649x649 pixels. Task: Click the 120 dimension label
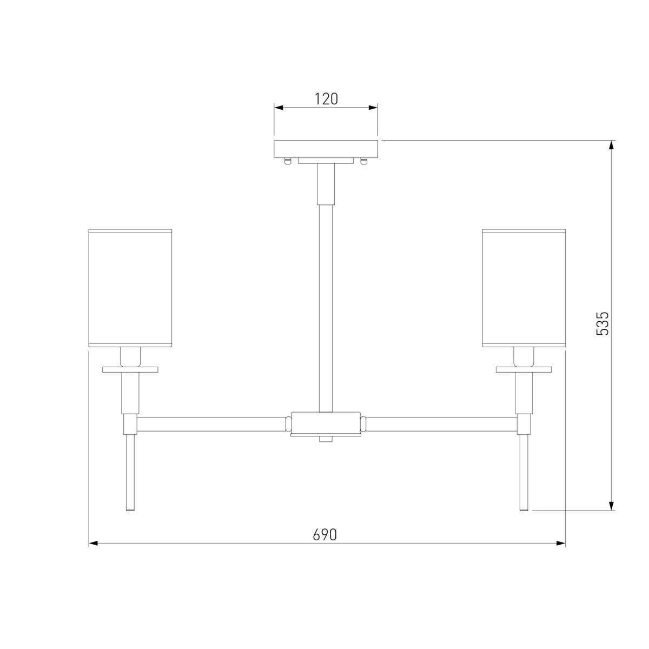coord(326,99)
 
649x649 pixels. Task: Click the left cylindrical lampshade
coord(130,288)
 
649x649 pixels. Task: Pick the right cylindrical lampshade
coord(524,288)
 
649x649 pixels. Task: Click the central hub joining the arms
coord(326,424)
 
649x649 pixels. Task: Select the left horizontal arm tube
coord(211,425)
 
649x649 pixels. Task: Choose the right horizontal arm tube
coord(441,425)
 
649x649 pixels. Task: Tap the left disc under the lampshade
coord(130,369)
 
